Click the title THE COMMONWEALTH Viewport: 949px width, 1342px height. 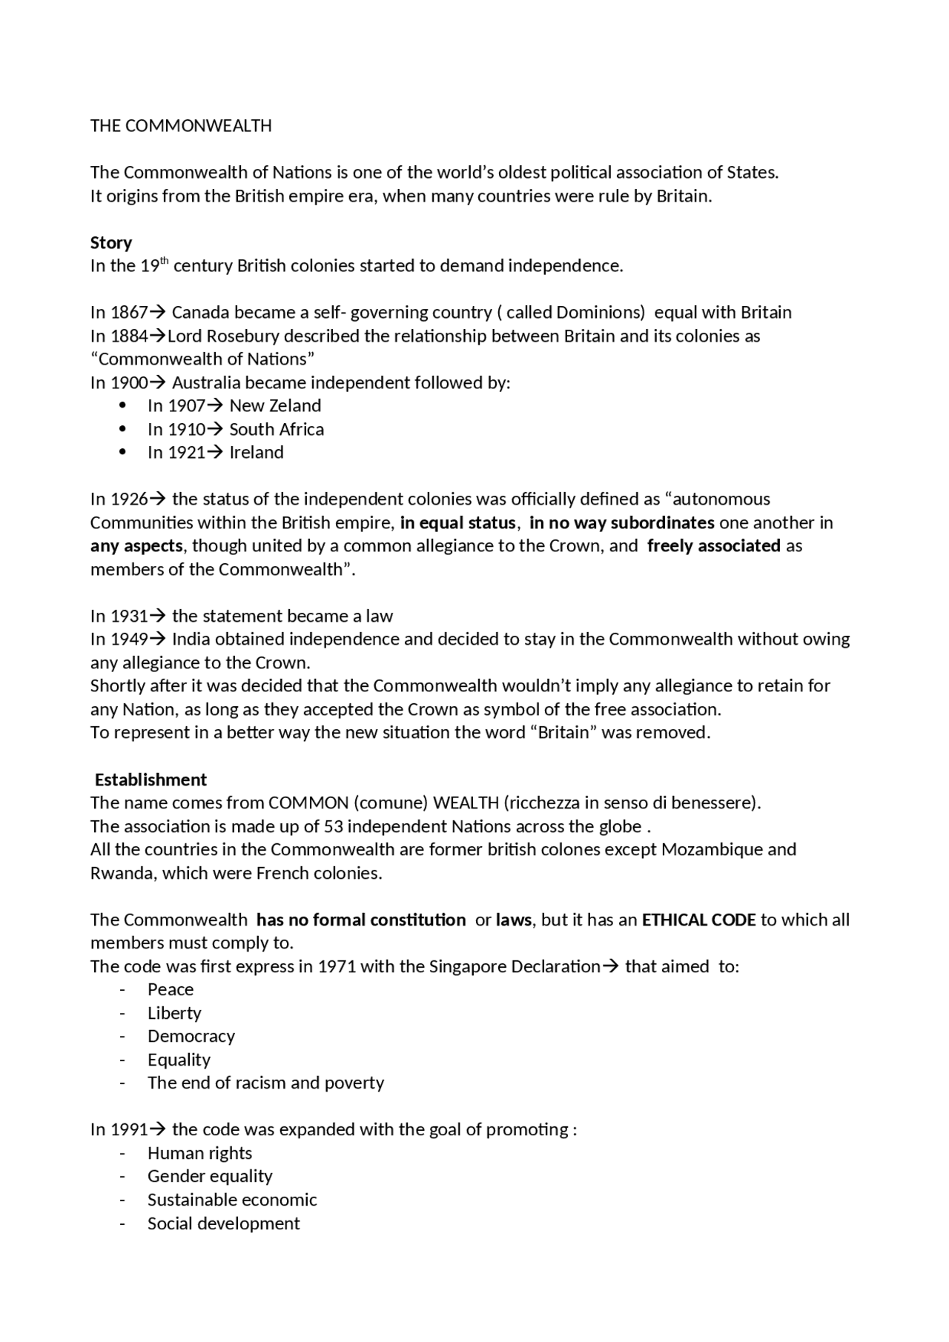coord(181,126)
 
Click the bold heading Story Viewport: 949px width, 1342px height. coord(111,243)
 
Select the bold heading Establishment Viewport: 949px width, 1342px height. coord(151,780)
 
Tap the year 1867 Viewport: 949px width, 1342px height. coord(129,313)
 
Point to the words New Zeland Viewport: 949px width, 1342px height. coord(275,406)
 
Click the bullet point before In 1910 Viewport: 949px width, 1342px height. coord(123,430)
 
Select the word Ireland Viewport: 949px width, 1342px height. coord(257,453)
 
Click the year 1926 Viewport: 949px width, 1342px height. coord(129,499)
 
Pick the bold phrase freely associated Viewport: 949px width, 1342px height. coord(713,546)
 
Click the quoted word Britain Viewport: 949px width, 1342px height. coord(564,733)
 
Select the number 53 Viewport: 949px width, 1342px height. coord(333,826)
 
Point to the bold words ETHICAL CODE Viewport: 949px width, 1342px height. coord(698,920)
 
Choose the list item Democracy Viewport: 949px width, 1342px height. coord(191,1037)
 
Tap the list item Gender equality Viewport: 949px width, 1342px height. coord(210,1177)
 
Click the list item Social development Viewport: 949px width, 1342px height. coord(223,1223)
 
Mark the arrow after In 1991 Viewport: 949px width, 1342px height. coord(157,1130)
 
